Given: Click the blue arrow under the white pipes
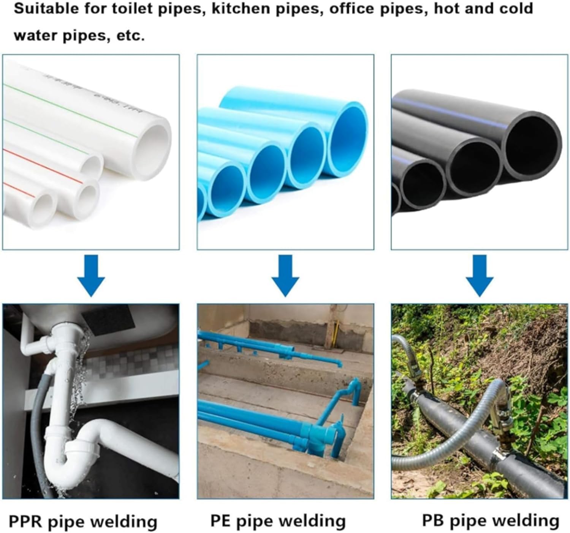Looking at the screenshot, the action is pos(91,276).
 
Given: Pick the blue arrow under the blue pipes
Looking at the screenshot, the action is pos(285,276).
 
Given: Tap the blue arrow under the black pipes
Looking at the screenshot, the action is pos(480,276).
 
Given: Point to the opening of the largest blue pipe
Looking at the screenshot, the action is pos(348,139).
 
